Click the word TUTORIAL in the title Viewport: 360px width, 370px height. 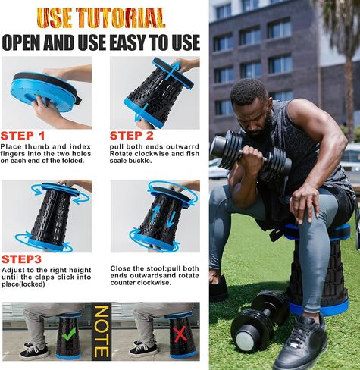click(121, 17)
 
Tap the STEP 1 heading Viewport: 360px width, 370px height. click(23, 136)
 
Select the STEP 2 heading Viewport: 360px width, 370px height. click(132, 136)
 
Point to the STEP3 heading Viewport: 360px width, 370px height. click(21, 259)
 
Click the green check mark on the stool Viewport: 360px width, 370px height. click(68, 334)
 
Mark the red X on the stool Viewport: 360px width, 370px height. click(180, 334)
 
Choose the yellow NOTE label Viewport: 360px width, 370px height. click(102, 331)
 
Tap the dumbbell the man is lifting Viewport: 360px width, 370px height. click(250, 153)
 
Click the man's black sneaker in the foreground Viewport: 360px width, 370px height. click(300, 343)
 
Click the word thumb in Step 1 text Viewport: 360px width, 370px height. click(36, 146)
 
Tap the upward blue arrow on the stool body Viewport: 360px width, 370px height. click(155, 215)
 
